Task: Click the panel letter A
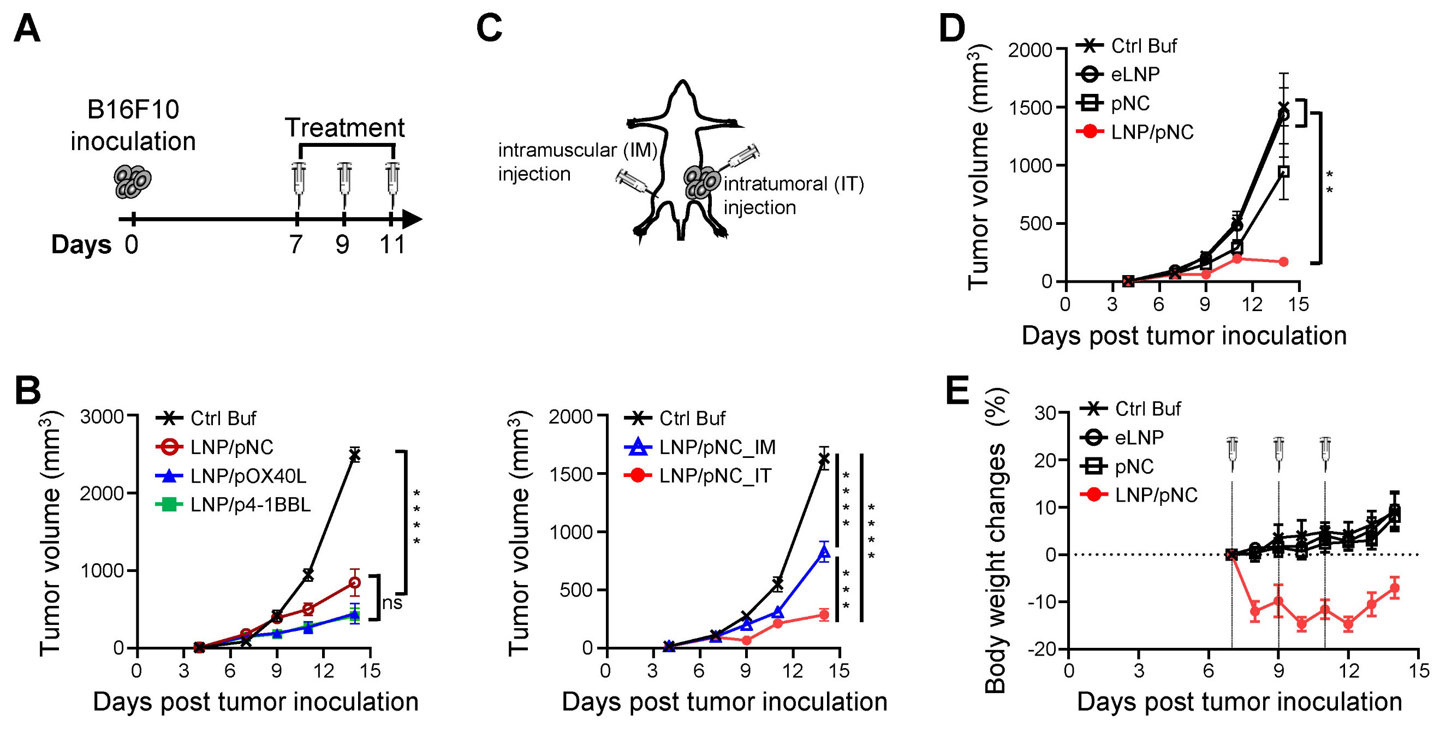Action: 27,29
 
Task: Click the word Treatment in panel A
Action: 344,128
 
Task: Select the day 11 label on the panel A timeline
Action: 392,245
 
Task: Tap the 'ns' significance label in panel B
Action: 392,602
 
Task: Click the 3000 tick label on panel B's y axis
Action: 102,417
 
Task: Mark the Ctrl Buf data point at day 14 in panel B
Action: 354,455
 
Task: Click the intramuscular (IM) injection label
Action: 578,162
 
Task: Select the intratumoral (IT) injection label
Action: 793,196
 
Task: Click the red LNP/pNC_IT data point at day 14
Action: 824,615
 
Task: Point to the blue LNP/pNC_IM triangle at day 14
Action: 824,553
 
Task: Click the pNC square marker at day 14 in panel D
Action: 1284,171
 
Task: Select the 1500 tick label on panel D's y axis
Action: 1030,108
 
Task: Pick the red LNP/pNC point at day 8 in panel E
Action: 1255,611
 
